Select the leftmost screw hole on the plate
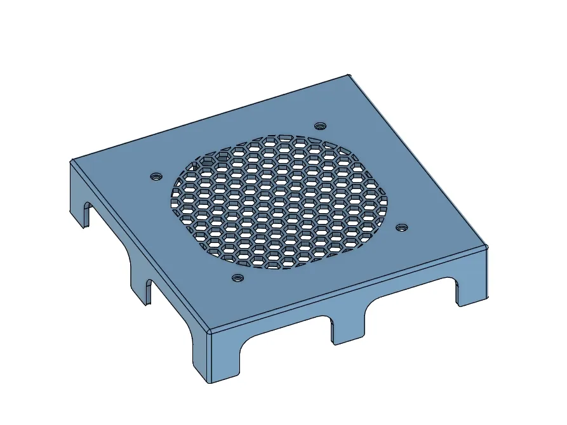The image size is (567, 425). click(154, 176)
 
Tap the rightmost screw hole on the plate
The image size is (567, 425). click(401, 226)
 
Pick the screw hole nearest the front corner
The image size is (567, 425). click(237, 277)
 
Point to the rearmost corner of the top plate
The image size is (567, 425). click(349, 75)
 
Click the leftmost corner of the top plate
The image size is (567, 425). click(72, 160)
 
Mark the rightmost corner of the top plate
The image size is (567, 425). click(486, 245)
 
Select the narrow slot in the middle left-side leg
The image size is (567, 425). click(149, 292)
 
